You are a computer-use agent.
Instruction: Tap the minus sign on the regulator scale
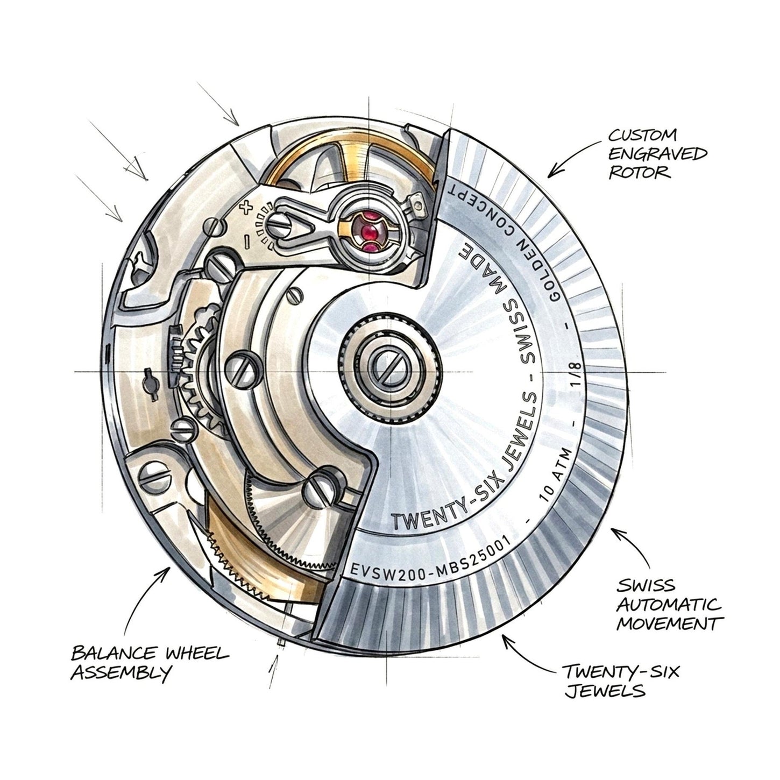246,242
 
